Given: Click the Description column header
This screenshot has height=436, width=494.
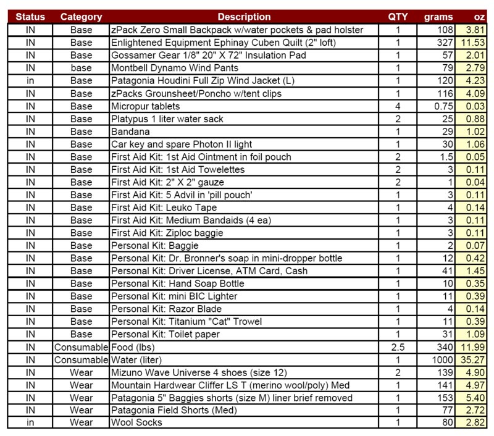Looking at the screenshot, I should [x=244, y=17].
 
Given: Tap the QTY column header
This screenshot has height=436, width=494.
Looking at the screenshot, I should [x=398, y=17].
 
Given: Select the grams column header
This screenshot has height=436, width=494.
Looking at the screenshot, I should [x=439, y=17].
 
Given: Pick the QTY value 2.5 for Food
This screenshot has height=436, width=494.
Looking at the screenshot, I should [x=398, y=346].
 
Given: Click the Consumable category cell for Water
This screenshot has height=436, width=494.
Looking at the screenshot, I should [x=81, y=359].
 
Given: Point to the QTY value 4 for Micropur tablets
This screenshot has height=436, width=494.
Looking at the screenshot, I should [x=398, y=106].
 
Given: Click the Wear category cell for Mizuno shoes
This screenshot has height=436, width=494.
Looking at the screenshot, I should [x=81, y=372].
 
